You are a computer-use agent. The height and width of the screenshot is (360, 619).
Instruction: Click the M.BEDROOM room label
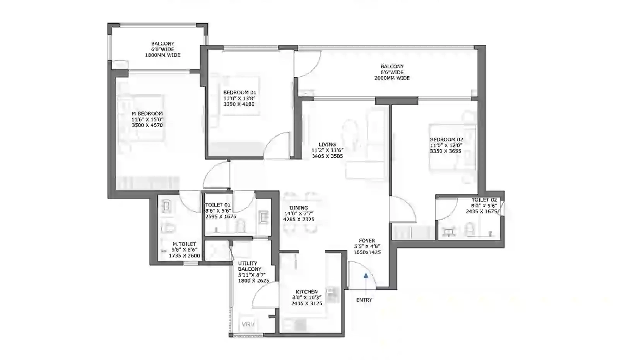click(147, 114)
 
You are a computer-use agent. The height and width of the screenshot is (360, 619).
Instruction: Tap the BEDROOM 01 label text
click(239, 92)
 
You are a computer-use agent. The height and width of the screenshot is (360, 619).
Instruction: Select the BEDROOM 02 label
click(446, 140)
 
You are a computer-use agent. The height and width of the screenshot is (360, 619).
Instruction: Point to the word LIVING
click(327, 145)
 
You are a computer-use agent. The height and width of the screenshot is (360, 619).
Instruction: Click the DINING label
click(299, 208)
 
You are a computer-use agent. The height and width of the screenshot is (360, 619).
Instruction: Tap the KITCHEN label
click(306, 292)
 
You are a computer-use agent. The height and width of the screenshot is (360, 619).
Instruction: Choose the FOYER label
click(367, 241)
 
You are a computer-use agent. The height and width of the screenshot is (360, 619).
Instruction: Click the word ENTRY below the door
click(364, 300)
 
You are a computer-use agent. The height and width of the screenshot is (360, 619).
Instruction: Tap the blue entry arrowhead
click(366, 275)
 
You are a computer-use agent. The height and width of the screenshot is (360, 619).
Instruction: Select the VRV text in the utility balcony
click(248, 324)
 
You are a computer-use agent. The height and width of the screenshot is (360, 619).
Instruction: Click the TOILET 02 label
click(484, 200)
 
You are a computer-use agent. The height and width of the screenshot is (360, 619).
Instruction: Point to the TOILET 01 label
click(217, 205)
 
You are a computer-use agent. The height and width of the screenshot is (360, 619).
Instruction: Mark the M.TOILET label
click(184, 244)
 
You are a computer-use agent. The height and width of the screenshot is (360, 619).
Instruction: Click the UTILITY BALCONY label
click(250, 266)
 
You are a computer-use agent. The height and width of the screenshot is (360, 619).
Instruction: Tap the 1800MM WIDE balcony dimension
click(163, 55)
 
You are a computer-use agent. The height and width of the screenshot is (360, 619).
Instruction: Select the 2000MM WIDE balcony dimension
click(392, 78)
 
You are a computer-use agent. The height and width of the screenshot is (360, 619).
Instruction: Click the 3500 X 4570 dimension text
click(147, 125)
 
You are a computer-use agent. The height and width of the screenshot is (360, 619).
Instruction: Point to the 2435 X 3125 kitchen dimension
click(307, 304)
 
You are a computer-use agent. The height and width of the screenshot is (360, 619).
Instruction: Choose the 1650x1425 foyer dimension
click(367, 252)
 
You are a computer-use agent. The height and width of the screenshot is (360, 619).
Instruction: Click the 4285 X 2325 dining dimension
click(299, 219)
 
